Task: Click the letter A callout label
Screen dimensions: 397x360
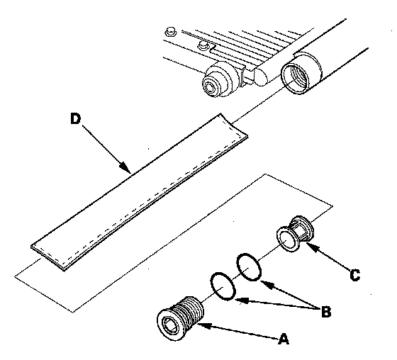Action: point(284,339)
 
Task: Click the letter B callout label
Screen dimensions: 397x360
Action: point(326,312)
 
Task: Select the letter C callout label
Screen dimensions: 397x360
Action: point(354,275)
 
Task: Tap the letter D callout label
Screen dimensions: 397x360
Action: point(75,119)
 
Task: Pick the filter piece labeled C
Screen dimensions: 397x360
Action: point(295,233)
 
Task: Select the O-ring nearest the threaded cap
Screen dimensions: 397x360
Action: point(223,286)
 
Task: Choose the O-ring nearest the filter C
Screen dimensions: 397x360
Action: point(249,267)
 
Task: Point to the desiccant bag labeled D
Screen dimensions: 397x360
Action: point(139,193)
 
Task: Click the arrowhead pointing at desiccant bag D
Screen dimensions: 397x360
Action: point(125,167)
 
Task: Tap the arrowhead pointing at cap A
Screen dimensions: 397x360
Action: point(204,325)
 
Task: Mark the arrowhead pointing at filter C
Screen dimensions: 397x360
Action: point(312,247)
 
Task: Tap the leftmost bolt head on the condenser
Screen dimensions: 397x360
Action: point(170,32)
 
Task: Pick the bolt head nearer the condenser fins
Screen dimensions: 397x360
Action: point(203,45)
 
